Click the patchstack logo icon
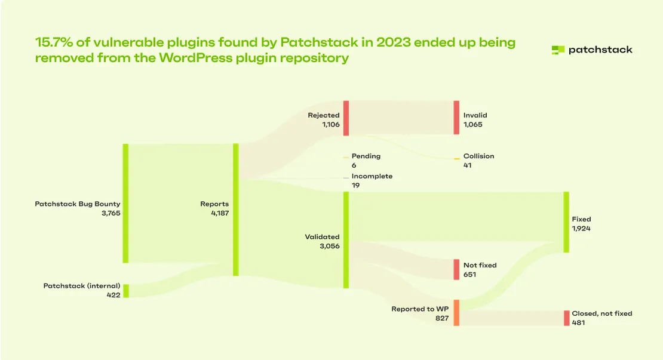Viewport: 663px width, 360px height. [558, 50]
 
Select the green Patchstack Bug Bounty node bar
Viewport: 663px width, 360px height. [125, 203]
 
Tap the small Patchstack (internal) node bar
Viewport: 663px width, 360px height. [125, 291]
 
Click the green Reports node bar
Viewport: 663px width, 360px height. [236, 210]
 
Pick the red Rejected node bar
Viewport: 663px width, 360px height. [346, 118]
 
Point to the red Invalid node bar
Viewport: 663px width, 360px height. [457, 118]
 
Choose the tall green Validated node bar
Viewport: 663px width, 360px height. [346, 240]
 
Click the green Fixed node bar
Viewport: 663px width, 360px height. [566, 222]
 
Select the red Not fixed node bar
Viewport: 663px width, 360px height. [457, 269]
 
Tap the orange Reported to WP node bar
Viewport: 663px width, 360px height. [456, 313]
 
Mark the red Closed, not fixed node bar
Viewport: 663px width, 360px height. [566, 318]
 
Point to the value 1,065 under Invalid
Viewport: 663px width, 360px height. [472, 125]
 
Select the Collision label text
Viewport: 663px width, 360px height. [479, 156]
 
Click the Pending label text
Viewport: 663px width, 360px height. [366, 156]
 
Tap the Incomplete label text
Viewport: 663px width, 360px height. [372, 176]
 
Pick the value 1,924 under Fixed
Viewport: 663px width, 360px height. [581, 229]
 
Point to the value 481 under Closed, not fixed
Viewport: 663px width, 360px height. [578, 323]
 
